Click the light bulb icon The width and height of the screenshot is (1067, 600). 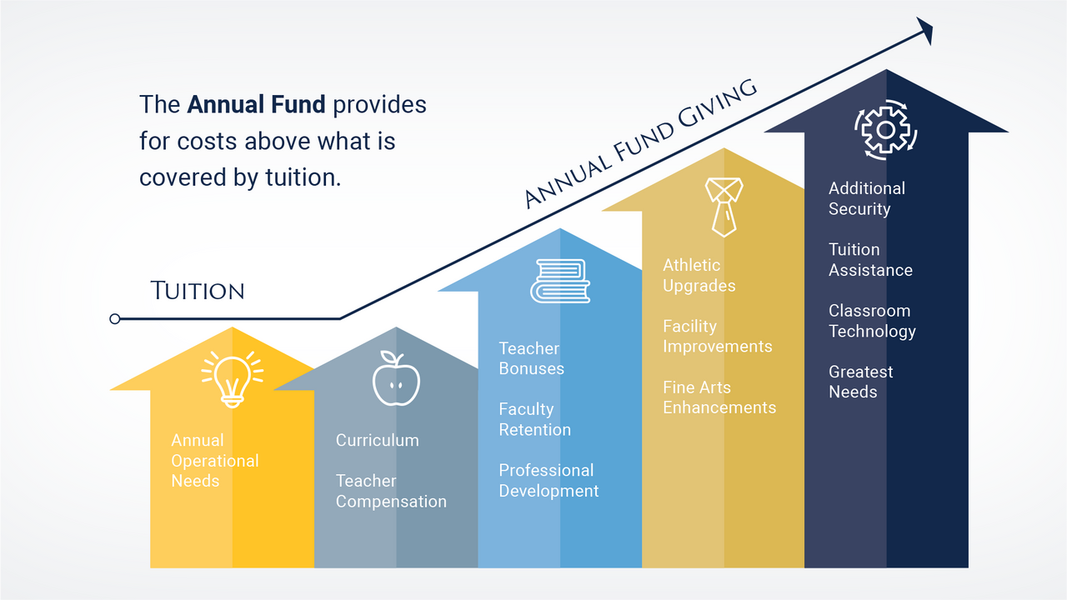[x=232, y=379]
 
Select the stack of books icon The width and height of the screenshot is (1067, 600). [x=560, y=281]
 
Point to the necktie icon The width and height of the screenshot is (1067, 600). [x=724, y=207]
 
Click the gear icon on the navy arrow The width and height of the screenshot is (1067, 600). [x=886, y=130]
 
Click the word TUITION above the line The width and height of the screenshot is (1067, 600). [x=198, y=291]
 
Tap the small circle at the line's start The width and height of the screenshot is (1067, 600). [x=115, y=318]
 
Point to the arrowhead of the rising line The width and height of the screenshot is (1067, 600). [x=924, y=31]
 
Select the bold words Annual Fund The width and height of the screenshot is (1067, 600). [x=256, y=104]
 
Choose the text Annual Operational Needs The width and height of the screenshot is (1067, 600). [x=215, y=461]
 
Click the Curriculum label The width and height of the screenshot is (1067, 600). [x=378, y=440]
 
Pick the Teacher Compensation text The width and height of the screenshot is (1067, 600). [x=391, y=491]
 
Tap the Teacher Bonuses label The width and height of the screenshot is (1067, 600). [x=531, y=358]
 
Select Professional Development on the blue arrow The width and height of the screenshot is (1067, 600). [x=549, y=481]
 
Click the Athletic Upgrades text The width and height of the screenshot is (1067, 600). [x=699, y=275]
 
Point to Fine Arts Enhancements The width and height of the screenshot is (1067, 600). [x=719, y=397]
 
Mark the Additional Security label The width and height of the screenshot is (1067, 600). [x=867, y=198]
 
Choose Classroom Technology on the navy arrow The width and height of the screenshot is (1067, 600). [x=872, y=322]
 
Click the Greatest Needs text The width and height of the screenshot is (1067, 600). [x=861, y=382]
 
